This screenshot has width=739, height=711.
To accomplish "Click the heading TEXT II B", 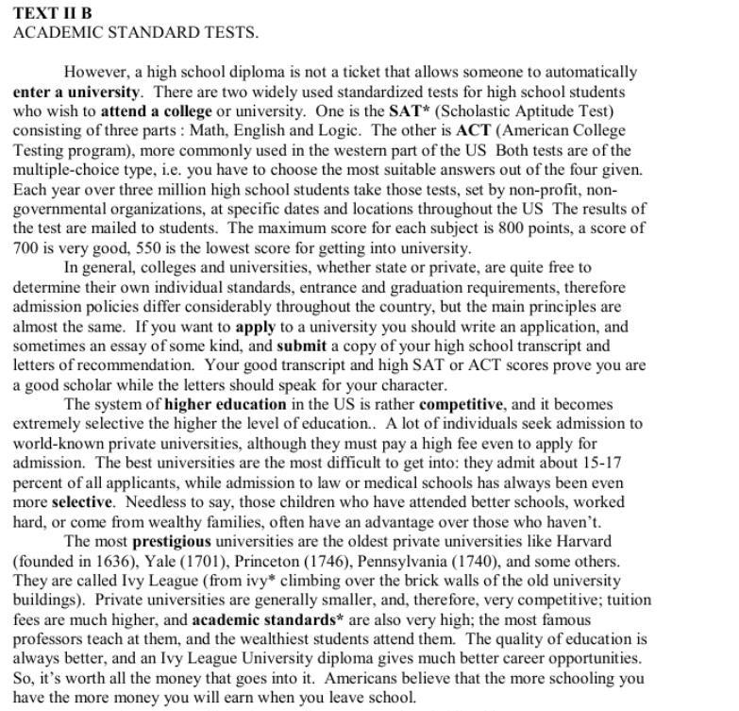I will pos(53,13).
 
